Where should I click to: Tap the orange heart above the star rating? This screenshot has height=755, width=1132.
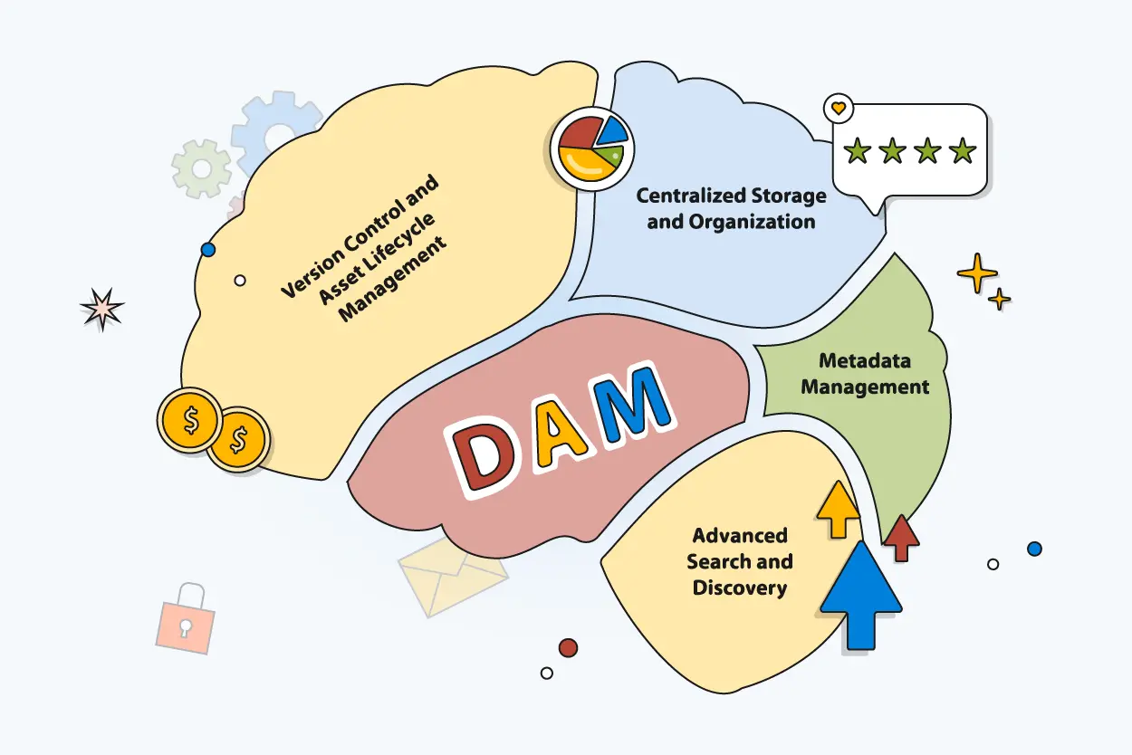[x=839, y=108]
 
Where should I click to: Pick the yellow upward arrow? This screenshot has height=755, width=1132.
[x=838, y=510]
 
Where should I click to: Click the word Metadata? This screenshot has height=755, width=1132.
[x=865, y=360]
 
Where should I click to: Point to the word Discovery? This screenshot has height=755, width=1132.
[x=739, y=588]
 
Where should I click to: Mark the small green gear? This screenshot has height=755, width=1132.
[x=201, y=168]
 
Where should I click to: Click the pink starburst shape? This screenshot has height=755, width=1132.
[x=101, y=309]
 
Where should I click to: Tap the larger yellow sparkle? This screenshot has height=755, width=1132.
[x=976, y=272]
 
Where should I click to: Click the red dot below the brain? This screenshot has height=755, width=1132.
[x=568, y=647]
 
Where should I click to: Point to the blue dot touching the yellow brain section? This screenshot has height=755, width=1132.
[x=208, y=248]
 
